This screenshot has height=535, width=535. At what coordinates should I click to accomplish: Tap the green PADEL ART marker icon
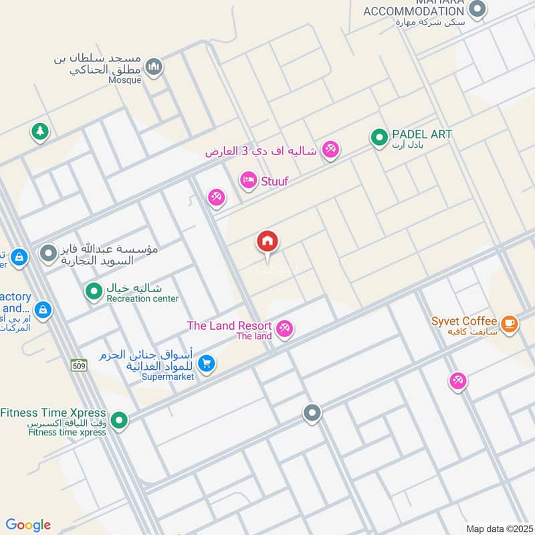click(x=379, y=138)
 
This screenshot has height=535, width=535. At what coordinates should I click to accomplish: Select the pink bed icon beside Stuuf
click(x=249, y=181)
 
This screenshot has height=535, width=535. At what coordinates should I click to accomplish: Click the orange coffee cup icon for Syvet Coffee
click(x=509, y=324)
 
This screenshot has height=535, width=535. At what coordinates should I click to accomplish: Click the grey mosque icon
click(x=154, y=67)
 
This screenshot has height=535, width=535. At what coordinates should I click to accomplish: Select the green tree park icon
click(x=40, y=132)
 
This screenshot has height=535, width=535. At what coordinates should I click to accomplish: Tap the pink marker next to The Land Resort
click(x=285, y=329)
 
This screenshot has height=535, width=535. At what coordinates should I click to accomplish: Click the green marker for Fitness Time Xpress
click(x=119, y=420)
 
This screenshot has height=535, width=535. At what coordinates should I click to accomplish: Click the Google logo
click(x=28, y=525)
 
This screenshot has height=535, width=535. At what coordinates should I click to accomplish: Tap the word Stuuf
click(x=275, y=181)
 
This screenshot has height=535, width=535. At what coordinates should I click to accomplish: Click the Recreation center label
click(x=142, y=299)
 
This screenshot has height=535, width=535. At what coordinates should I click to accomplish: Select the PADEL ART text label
click(x=422, y=134)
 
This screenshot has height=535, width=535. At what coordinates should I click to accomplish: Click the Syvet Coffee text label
click(x=464, y=322)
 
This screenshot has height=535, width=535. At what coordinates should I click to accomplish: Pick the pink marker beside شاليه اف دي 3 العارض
click(x=330, y=150)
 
